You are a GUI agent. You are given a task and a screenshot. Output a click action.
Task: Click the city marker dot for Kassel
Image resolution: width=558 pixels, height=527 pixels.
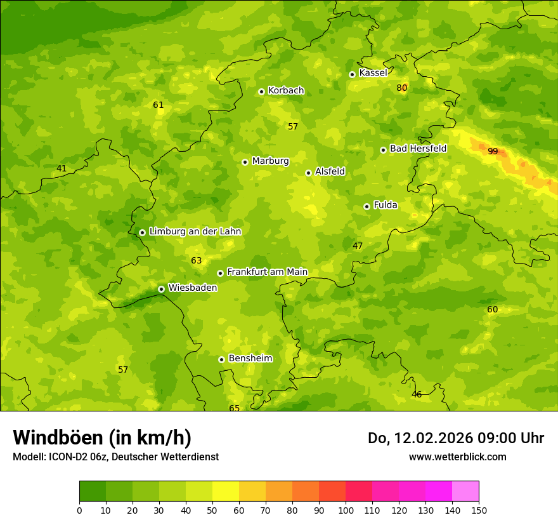pos(352,74)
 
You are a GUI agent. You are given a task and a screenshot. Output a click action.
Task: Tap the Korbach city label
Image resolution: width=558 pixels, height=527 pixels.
pos(286,91)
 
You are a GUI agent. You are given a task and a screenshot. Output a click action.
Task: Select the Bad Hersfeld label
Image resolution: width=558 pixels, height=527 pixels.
pos(418,149)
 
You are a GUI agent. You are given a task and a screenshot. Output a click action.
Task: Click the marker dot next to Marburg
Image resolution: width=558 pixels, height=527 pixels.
pos(245,162)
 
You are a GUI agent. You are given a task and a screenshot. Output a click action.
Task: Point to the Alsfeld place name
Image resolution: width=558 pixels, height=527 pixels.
pos(330,171)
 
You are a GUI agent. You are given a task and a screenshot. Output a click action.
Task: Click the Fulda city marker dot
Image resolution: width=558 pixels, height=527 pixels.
pos(367,206)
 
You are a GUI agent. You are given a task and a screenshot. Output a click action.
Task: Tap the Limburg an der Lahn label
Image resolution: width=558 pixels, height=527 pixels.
pos(195,232)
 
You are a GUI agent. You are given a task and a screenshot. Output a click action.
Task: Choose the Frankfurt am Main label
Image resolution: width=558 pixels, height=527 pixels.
pos(267,272)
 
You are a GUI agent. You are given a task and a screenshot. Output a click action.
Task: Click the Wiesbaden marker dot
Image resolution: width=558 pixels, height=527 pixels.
pos(161,289)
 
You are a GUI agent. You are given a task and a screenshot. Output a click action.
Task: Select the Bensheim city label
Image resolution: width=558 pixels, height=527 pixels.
pos(250,359)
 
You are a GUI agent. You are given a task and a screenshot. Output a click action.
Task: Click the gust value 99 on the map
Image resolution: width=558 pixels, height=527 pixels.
pos(493,151)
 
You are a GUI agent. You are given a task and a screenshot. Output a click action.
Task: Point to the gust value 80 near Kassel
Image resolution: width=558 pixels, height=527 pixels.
pos(401,88)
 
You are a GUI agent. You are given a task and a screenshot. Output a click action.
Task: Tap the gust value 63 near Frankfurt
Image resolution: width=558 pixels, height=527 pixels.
pos(196,260)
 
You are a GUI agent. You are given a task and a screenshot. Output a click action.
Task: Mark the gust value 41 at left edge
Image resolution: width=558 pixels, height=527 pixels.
pos(61,168)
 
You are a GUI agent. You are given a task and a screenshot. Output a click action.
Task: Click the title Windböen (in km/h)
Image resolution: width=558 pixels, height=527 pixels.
pos(101,437)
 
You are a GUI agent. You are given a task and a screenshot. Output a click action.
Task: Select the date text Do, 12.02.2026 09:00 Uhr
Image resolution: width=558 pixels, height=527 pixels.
pos(455,438)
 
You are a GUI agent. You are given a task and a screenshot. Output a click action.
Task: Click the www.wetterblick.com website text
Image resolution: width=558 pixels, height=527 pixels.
pos(457,457)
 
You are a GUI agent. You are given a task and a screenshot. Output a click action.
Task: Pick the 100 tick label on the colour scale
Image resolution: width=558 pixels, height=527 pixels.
pos(346,510)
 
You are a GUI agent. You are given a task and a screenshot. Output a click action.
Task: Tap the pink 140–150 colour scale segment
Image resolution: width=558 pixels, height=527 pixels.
pos(465,491)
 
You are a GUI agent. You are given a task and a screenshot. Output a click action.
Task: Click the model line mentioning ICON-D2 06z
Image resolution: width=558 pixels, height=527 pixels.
pos(115,457)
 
